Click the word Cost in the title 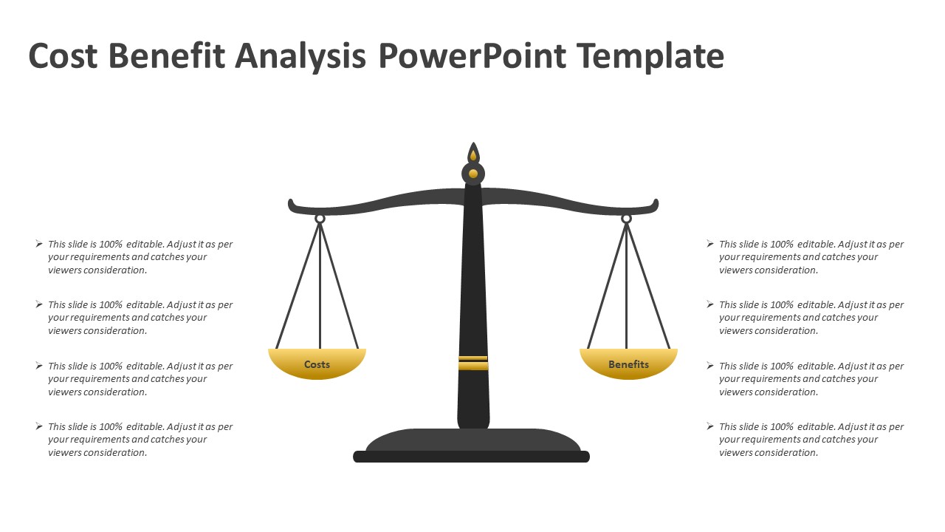[63, 56]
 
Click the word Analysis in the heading [300, 56]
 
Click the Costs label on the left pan [317, 364]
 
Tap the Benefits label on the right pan [628, 364]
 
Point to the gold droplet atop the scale [473, 156]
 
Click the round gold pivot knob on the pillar [473, 174]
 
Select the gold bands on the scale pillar [472, 362]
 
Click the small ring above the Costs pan [320, 219]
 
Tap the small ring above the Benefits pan [626, 219]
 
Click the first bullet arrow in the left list [39, 244]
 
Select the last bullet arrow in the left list [39, 426]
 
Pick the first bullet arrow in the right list [710, 244]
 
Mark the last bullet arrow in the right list [710, 426]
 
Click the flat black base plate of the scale [471, 457]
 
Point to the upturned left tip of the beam [292, 204]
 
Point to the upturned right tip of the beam [655, 204]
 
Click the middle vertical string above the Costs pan [320, 288]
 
